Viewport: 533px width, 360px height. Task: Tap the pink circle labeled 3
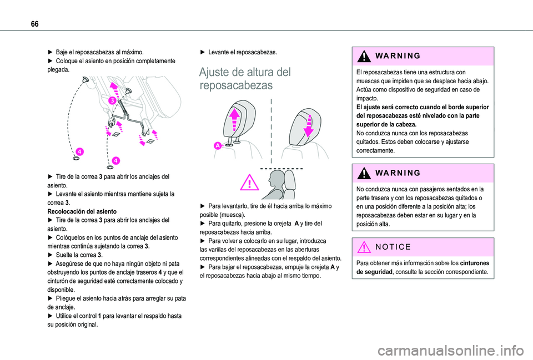(112, 100)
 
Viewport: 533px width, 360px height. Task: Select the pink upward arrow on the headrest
(234, 119)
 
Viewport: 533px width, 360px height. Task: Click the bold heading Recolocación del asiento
(83, 211)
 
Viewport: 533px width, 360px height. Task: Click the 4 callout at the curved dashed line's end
(79, 151)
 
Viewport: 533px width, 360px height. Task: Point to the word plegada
(58, 70)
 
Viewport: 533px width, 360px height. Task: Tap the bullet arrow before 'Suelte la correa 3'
(51, 255)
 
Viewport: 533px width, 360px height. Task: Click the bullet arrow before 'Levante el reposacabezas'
(203, 52)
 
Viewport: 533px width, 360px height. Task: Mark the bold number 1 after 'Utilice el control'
(98, 315)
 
